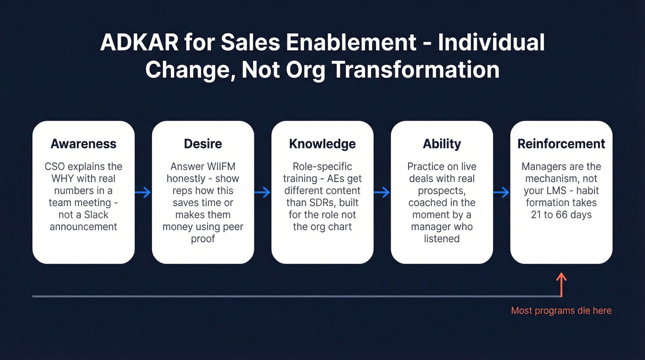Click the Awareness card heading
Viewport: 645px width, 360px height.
pos(83,143)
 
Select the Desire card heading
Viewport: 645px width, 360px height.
pos(203,143)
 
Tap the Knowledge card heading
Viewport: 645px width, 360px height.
pos(322,143)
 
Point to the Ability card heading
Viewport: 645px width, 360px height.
pos(441,143)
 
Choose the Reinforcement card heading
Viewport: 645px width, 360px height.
pos(561,143)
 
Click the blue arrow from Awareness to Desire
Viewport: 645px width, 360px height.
pos(143,192)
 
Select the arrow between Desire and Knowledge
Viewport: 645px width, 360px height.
pos(263,192)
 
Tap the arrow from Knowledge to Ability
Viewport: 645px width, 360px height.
pos(382,192)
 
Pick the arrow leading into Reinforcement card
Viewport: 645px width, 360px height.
pos(501,192)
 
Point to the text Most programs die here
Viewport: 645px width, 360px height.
pos(561,311)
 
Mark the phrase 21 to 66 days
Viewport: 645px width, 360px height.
pos(561,214)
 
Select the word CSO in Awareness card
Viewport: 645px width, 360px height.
pos(55,166)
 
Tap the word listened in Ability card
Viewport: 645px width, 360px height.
pos(441,238)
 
